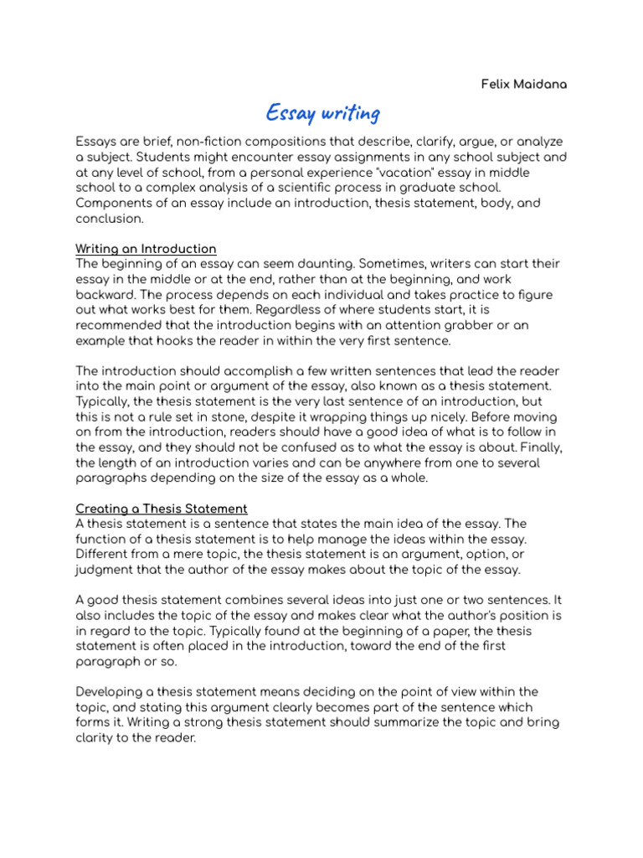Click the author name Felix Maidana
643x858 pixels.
(x=524, y=85)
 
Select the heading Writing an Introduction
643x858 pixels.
(x=147, y=249)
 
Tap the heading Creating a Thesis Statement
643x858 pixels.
(x=162, y=509)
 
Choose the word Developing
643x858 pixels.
(x=109, y=691)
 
